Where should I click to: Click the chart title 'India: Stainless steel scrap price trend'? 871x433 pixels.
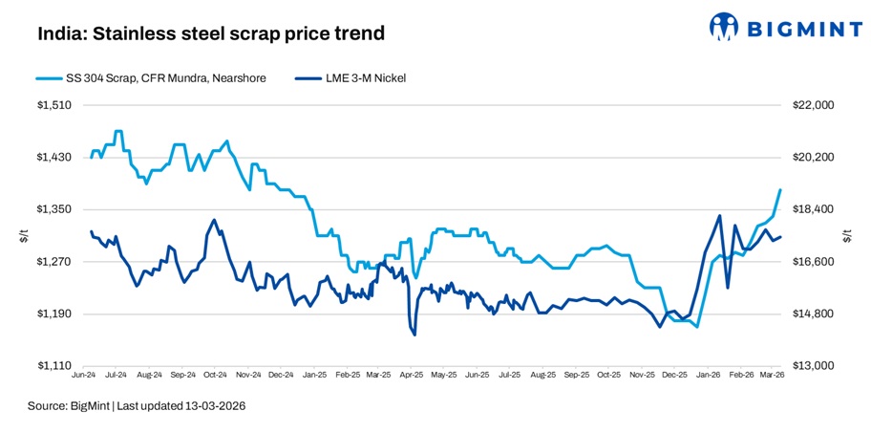[x=210, y=34]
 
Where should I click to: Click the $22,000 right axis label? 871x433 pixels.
[x=815, y=105]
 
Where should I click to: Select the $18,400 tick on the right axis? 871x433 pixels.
[x=815, y=209]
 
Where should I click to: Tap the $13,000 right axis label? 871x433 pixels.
[x=815, y=366]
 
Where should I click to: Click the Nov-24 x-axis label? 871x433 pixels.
[x=248, y=377]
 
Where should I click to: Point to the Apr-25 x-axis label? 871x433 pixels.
[x=412, y=377]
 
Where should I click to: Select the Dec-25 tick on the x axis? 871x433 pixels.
[x=674, y=377]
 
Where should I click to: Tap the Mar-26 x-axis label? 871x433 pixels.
[x=772, y=377]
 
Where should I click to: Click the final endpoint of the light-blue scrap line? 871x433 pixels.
[x=781, y=190]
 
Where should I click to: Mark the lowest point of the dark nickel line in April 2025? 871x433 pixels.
[x=414, y=335]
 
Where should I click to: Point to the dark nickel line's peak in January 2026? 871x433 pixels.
[x=719, y=216]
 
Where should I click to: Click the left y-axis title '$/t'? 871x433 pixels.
[x=24, y=236]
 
